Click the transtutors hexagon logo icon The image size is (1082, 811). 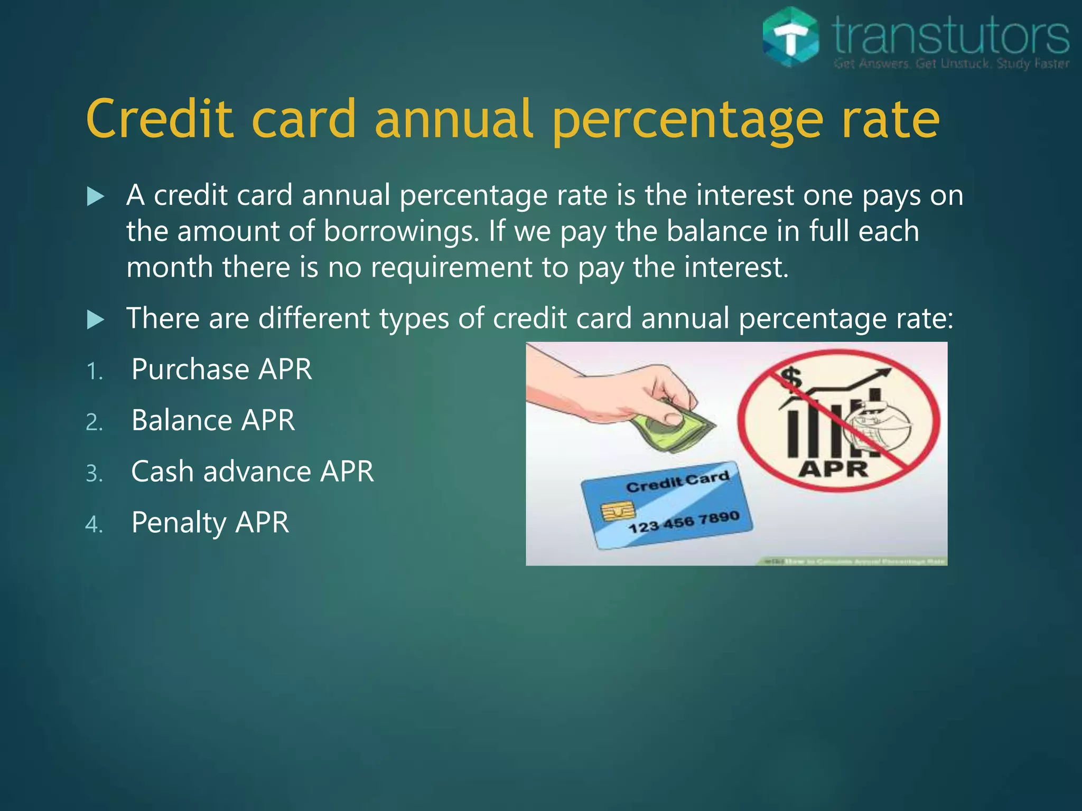(x=791, y=37)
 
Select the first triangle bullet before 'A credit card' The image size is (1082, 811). (x=95, y=197)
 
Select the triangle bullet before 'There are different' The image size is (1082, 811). (x=95, y=319)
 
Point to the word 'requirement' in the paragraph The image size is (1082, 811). (x=451, y=268)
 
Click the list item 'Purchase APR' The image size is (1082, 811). (x=221, y=369)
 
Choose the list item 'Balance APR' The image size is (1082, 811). (x=213, y=420)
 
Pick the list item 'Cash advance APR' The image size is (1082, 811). (x=253, y=471)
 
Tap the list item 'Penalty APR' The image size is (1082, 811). (x=210, y=523)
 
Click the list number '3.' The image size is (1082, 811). (x=95, y=474)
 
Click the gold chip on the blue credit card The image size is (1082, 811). (x=617, y=511)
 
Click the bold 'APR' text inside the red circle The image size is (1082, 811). (x=833, y=469)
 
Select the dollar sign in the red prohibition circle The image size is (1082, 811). (x=791, y=378)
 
